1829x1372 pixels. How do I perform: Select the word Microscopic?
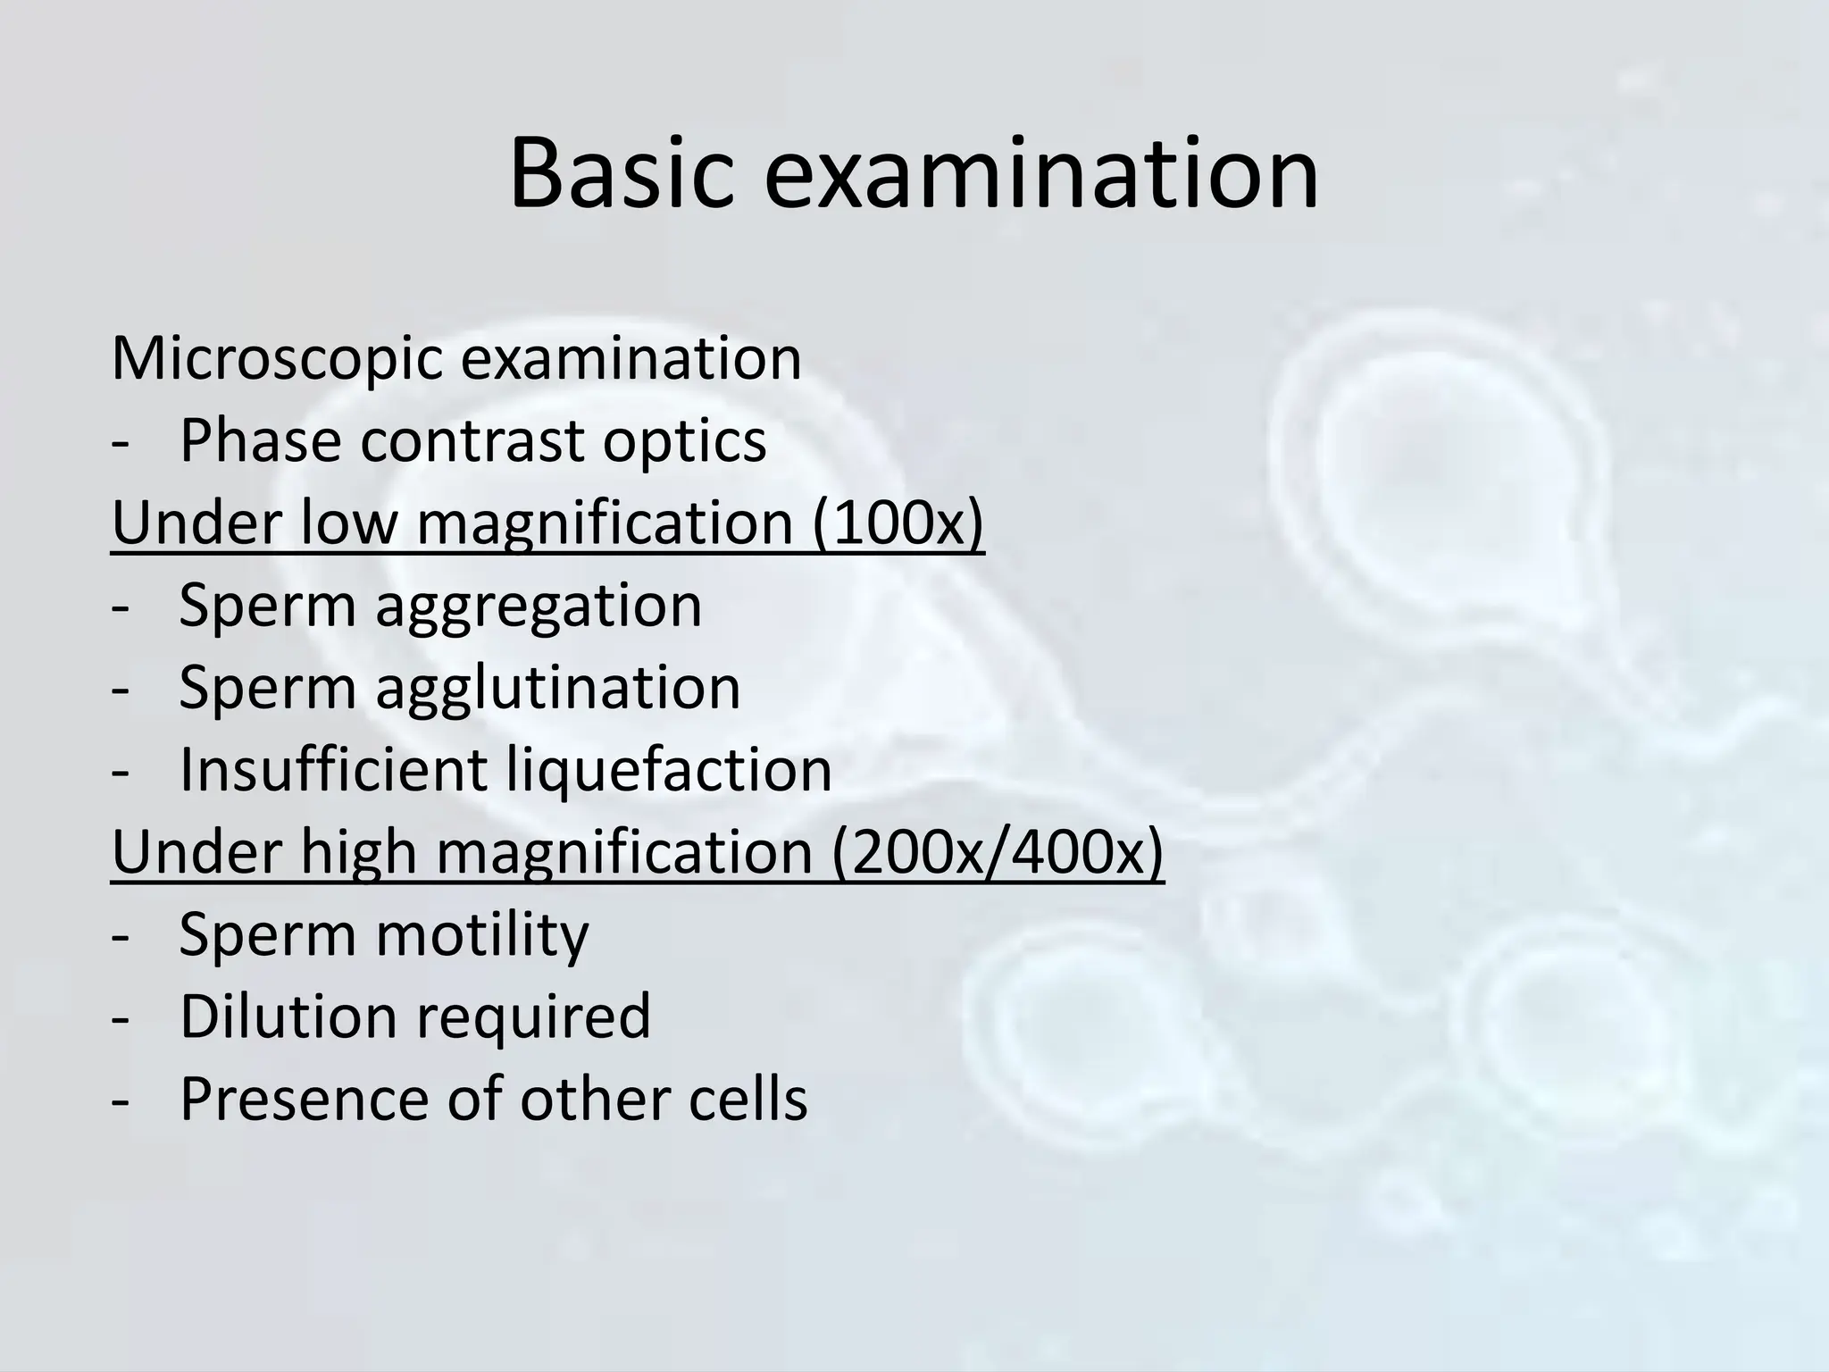click(x=276, y=360)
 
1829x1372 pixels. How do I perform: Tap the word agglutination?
click(x=558, y=689)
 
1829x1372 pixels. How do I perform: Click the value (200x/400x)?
click(x=998, y=853)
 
